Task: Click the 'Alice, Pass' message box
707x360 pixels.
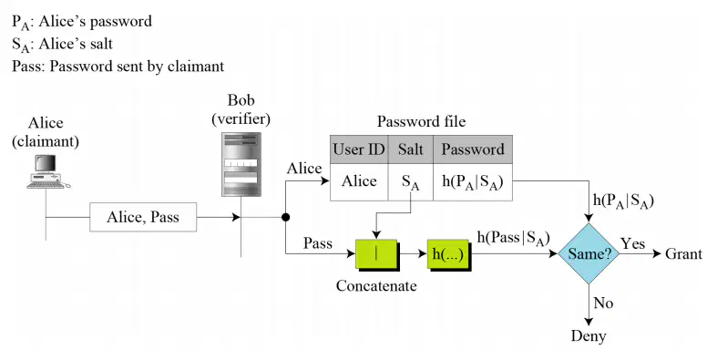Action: [x=143, y=218]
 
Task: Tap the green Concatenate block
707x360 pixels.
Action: [x=377, y=255]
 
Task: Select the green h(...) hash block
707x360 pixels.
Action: [x=449, y=255]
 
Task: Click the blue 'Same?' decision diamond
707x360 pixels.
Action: [x=589, y=253]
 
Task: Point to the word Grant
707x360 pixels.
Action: [x=683, y=253]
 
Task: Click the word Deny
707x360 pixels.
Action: [x=589, y=336]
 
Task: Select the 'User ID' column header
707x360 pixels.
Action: [x=359, y=149]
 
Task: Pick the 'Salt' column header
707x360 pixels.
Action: [x=410, y=149]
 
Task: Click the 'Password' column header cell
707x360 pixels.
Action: [x=473, y=149]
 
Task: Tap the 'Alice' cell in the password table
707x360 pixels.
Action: [x=359, y=181]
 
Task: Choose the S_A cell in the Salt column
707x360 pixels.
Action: [x=410, y=181]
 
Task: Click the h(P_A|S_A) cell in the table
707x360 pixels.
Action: [x=473, y=181]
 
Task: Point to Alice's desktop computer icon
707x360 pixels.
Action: [x=47, y=172]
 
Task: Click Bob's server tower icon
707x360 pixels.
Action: [x=241, y=164]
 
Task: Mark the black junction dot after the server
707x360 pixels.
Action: [x=285, y=218]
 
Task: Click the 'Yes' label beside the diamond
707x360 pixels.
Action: [x=632, y=243]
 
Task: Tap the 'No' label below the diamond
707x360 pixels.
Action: [x=603, y=303]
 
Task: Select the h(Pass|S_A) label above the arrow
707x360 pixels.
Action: [x=514, y=238]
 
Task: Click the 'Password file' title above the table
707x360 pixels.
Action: [x=421, y=122]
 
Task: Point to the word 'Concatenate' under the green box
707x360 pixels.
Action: [x=376, y=286]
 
